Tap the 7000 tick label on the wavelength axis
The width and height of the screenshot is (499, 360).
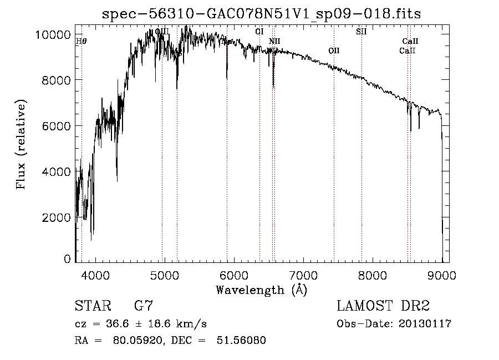click(x=303, y=275)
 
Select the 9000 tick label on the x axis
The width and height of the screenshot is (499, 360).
click(x=442, y=275)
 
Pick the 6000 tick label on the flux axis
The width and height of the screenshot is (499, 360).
click(x=57, y=126)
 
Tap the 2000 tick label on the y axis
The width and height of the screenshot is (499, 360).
click(x=57, y=217)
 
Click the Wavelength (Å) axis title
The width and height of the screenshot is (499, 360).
click(x=261, y=290)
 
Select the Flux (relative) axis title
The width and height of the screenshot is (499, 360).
click(x=22, y=145)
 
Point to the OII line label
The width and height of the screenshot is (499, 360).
click(x=334, y=51)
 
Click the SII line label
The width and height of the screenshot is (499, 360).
click(x=361, y=32)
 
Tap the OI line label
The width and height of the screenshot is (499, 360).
click(x=259, y=32)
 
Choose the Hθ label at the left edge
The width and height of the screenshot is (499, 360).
click(x=81, y=41)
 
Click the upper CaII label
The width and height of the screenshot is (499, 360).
click(x=410, y=41)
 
